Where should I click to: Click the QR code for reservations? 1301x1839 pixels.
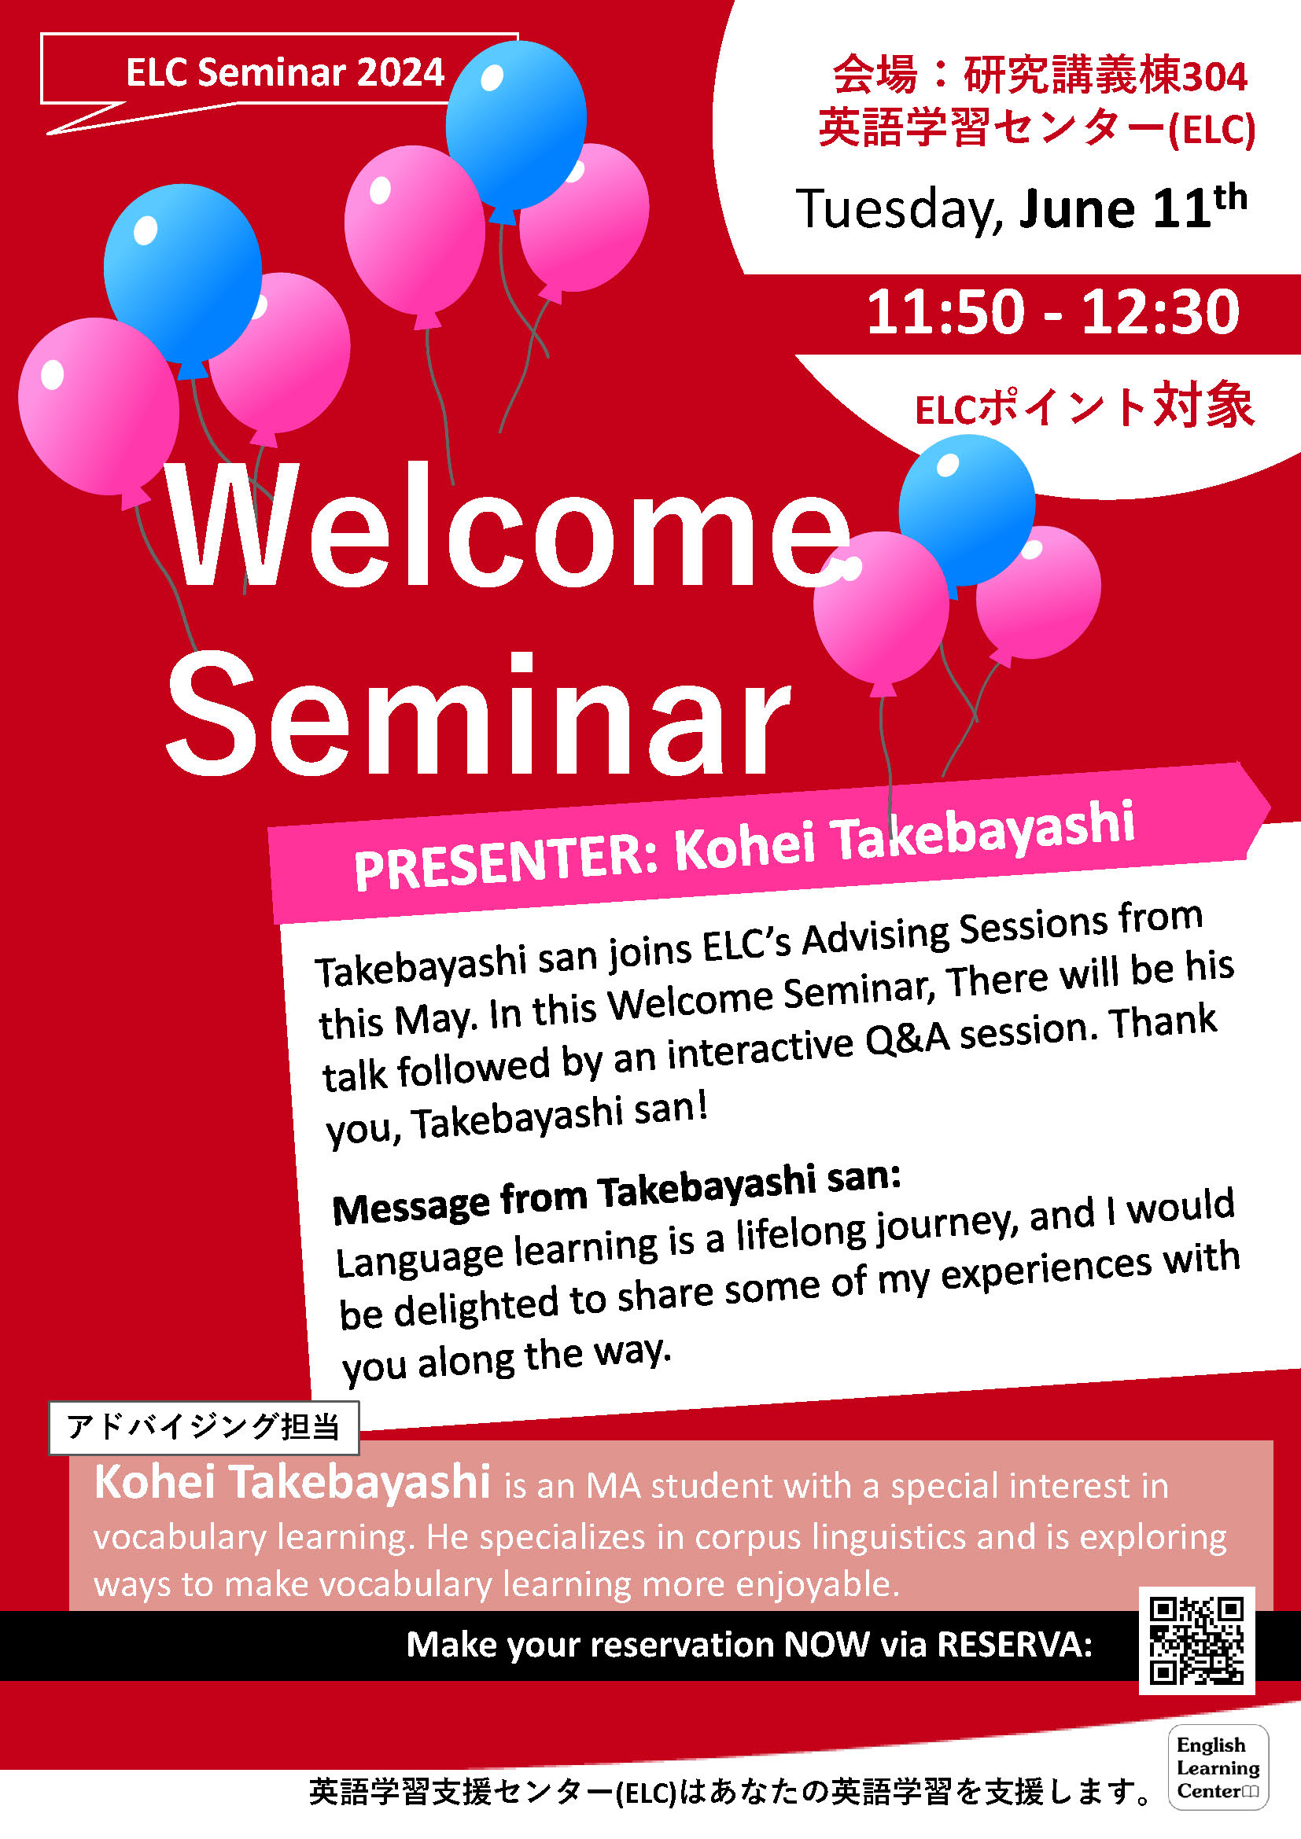[x=1197, y=1640]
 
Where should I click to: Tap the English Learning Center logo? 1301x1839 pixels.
[x=1218, y=1767]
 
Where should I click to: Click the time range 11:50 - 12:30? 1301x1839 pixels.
[x=1052, y=311]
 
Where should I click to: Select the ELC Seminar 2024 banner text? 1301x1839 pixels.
[x=286, y=72]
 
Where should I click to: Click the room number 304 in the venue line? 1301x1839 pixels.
[x=1214, y=76]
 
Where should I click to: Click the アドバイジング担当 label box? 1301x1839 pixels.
[x=204, y=1427]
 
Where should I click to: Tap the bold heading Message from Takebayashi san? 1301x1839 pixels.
[x=617, y=1194]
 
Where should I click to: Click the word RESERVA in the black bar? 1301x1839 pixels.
[x=1014, y=1644]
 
